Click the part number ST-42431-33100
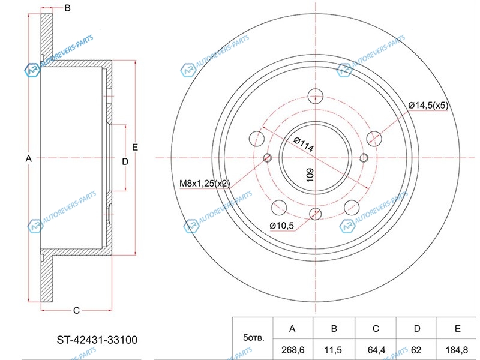pyautogui.click(x=97, y=340)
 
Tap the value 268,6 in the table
pyautogui.click(x=292, y=350)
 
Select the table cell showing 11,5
pyautogui.click(x=334, y=350)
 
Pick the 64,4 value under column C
pyautogui.click(x=376, y=350)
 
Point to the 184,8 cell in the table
pyautogui.click(x=457, y=350)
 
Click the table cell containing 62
pyautogui.click(x=416, y=350)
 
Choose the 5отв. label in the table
pyautogui.click(x=253, y=338)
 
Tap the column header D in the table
pyautogui.click(x=416, y=328)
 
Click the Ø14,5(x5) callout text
pyautogui.click(x=428, y=106)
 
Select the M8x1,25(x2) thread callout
pyautogui.click(x=205, y=184)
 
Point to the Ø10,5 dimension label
pyautogui.click(x=281, y=226)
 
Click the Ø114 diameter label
pyautogui.click(x=304, y=144)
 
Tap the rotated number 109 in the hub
pyautogui.click(x=310, y=175)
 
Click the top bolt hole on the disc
pyautogui.click(x=316, y=96)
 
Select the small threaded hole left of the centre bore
pyautogui.click(x=267, y=158)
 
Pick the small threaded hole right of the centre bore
pyautogui.click(x=364, y=158)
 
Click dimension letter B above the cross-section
pyautogui.click(x=67, y=8)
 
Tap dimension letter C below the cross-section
pyautogui.click(x=76, y=310)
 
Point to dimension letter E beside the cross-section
pyautogui.click(x=135, y=147)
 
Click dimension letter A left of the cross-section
pyautogui.click(x=28, y=158)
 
